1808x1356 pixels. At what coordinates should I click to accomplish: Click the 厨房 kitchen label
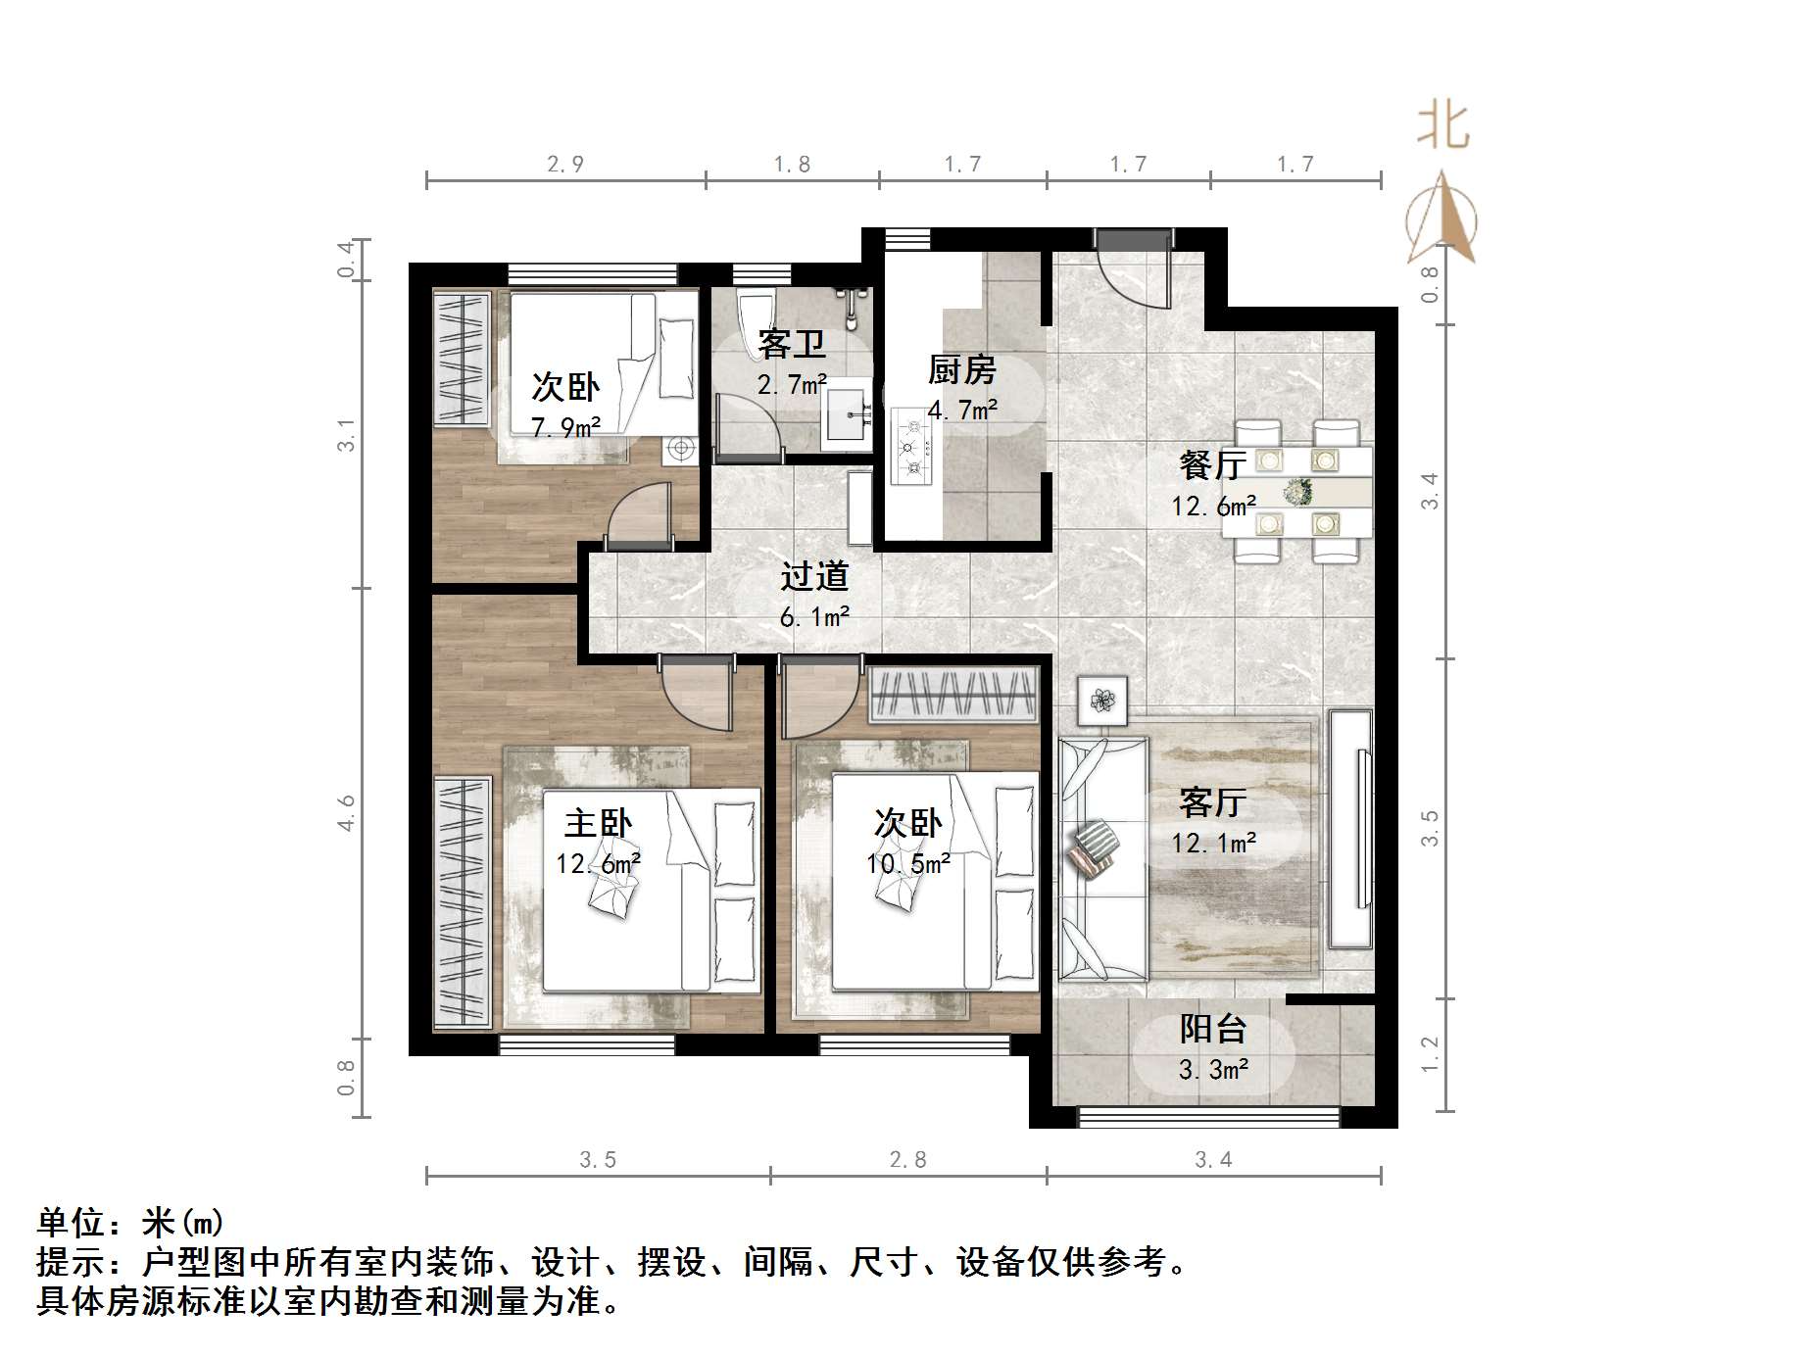pyautogui.click(x=961, y=370)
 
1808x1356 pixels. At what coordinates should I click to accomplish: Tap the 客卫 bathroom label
pyautogui.click(x=791, y=345)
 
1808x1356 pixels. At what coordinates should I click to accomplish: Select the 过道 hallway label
pyautogui.click(x=813, y=576)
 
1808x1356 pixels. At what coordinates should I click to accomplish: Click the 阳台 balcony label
pyautogui.click(x=1212, y=1029)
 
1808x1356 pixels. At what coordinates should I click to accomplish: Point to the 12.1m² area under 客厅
pyautogui.click(x=1213, y=843)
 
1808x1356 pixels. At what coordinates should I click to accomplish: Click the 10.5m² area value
pyautogui.click(x=907, y=864)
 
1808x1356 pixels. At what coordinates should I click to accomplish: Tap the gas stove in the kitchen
pyautogui.click(x=912, y=448)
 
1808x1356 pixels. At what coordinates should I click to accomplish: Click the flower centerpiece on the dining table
pyautogui.click(x=1298, y=491)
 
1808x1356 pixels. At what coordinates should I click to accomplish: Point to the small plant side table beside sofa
pyautogui.click(x=1102, y=701)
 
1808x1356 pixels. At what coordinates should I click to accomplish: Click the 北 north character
pyautogui.click(x=1442, y=126)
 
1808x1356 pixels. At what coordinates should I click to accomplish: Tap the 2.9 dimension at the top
pyautogui.click(x=565, y=165)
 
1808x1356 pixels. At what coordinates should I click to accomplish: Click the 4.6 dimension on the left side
pyautogui.click(x=346, y=813)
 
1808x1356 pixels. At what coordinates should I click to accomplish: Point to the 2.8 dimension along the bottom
pyautogui.click(x=907, y=1160)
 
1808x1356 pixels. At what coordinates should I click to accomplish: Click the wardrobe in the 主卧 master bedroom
pyautogui.click(x=462, y=902)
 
